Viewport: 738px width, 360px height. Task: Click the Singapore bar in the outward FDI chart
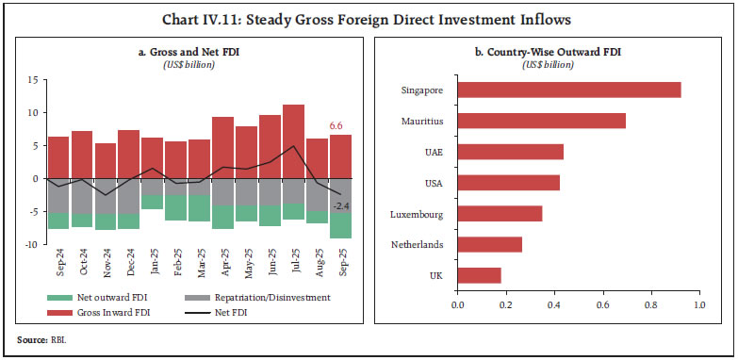(x=568, y=90)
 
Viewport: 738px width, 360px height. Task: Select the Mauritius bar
(x=541, y=121)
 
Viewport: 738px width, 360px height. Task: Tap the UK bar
(x=479, y=275)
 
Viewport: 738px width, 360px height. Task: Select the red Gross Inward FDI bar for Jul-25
(x=293, y=141)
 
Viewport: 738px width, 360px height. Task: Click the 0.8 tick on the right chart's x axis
(x=650, y=304)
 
